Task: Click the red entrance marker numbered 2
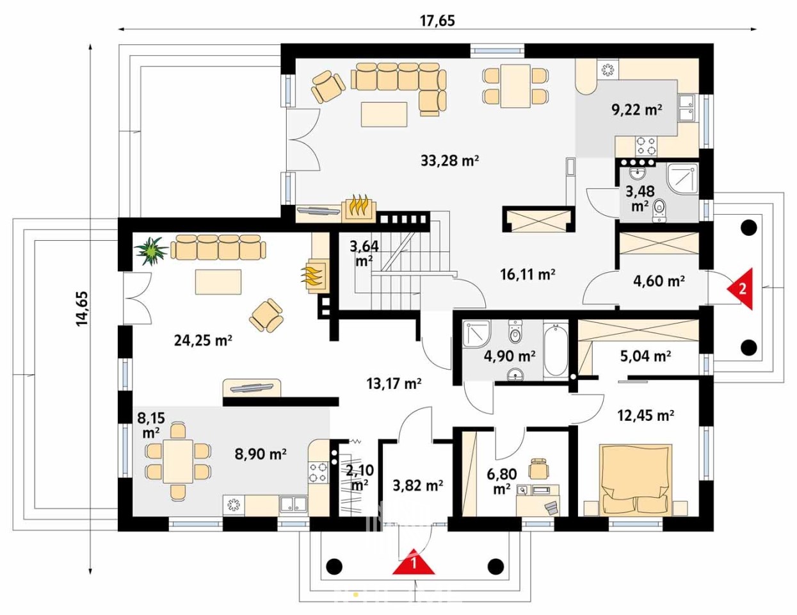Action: click(x=741, y=289)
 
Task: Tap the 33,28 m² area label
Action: click(x=450, y=160)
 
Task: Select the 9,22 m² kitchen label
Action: click(x=637, y=110)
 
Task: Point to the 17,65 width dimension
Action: click(x=437, y=21)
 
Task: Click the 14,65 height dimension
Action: click(x=81, y=308)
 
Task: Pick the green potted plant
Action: click(x=150, y=250)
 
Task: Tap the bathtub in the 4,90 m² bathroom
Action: click(x=555, y=350)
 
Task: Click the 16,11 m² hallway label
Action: click(x=527, y=274)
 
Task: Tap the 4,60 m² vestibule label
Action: click(x=659, y=281)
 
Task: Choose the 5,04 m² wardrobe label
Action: click(x=645, y=356)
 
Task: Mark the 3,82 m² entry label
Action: click(x=418, y=486)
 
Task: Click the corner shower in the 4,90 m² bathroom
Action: click(x=476, y=333)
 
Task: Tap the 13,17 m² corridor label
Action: click(x=394, y=384)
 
